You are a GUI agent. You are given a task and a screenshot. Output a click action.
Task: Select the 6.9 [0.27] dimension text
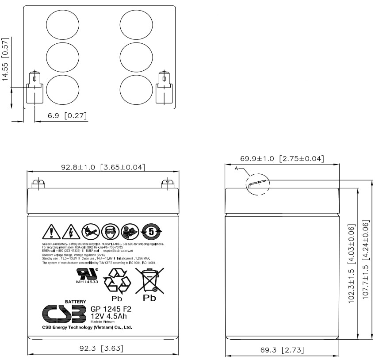pyautogui.click(x=67, y=116)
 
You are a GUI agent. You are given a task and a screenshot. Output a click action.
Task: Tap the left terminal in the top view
pyautogui.click(x=34, y=88)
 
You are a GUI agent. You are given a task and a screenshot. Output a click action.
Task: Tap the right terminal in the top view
pyautogui.click(x=164, y=88)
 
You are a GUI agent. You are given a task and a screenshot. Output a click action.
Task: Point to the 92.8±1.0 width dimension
pyautogui.click(x=103, y=167)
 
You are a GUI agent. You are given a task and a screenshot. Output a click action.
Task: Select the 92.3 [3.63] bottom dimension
pyautogui.click(x=101, y=349)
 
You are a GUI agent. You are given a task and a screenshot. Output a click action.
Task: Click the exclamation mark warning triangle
pyautogui.click(x=51, y=231)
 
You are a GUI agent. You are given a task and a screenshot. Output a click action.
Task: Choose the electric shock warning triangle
pyautogui.click(x=71, y=231)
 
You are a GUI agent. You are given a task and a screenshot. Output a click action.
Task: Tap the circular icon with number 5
pyautogui.click(x=151, y=231)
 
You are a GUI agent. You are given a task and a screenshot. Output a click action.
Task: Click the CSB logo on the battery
pyautogui.click(x=64, y=314)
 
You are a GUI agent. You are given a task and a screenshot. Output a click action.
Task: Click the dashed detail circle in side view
pyautogui.click(x=257, y=184)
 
